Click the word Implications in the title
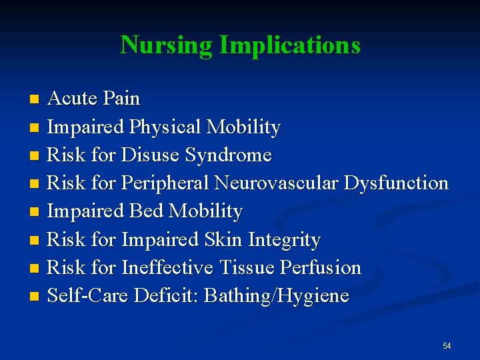tap(289, 45)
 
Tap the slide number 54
tap(446, 345)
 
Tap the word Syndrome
tap(229, 155)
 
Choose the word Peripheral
tap(164, 183)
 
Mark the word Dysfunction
tap(396, 183)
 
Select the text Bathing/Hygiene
tap(276, 295)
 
